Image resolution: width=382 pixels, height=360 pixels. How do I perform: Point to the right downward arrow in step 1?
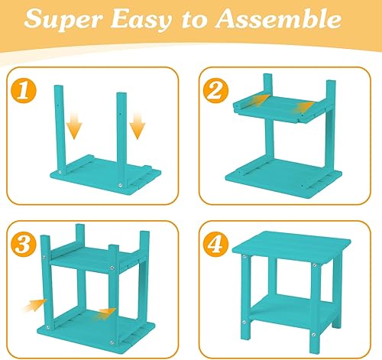(x=137, y=125)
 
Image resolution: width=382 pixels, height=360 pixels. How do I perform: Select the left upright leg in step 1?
(x=59, y=122)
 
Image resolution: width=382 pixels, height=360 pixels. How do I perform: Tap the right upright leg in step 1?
(x=121, y=126)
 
